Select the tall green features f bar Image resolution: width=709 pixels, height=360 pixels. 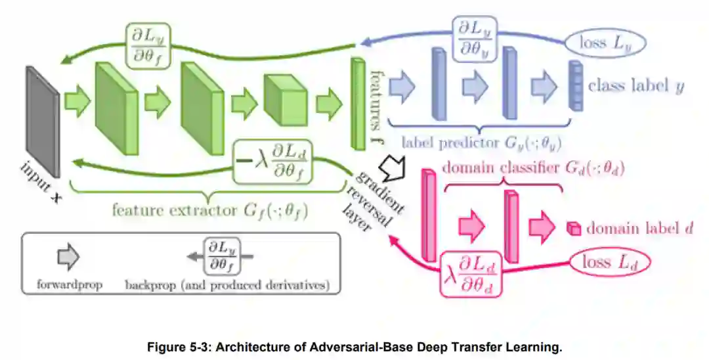pyautogui.click(x=358, y=103)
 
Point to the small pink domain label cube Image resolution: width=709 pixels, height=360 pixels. pyautogui.click(x=574, y=229)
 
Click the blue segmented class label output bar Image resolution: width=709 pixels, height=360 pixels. pyautogui.click(x=575, y=85)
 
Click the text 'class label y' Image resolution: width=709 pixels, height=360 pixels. pyautogui.click(x=635, y=86)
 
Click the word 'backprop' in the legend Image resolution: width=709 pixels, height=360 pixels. pyautogui.click(x=145, y=286)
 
